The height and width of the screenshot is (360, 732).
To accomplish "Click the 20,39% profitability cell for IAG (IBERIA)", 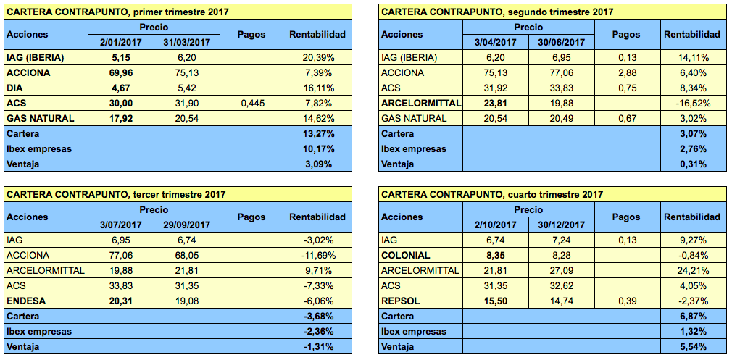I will [317, 57].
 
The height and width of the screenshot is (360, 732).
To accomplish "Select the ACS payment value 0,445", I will [251, 103].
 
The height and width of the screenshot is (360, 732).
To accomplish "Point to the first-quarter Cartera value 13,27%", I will [317, 133].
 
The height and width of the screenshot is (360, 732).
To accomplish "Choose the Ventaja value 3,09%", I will [317, 164].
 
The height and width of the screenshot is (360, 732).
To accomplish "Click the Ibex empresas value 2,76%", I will [691, 148].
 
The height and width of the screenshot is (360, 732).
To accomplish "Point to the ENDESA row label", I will [26, 301].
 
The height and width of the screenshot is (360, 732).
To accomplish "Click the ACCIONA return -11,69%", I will [315, 255].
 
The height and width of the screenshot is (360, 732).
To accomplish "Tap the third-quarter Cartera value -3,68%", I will [317, 316].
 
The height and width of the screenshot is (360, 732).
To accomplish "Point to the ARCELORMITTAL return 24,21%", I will [691, 270].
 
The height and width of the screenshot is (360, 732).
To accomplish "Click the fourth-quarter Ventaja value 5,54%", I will [691, 346].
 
